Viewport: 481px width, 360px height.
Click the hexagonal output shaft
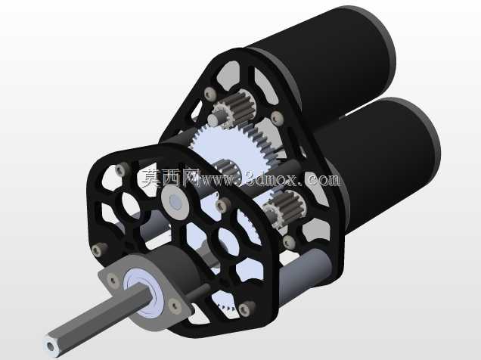(x=98, y=319)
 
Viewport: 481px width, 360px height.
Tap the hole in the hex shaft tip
(x=50, y=346)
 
